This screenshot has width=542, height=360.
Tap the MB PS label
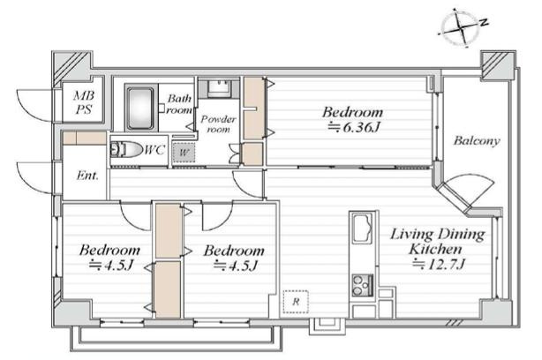[84, 102]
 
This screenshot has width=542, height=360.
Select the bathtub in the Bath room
[140, 109]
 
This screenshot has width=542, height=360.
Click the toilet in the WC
[126, 150]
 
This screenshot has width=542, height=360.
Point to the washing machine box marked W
[184, 153]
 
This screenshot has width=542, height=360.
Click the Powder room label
[218, 124]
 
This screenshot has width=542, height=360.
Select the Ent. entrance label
[87, 176]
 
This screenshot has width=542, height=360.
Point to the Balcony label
[477, 140]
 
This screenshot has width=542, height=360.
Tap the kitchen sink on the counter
[362, 228]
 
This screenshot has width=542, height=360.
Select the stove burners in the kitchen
[362, 285]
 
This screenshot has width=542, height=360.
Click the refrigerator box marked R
[296, 302]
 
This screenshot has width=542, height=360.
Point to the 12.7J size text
[439, 265]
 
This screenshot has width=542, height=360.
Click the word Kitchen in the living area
[435, 249]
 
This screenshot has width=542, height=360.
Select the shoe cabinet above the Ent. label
[85, 139]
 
